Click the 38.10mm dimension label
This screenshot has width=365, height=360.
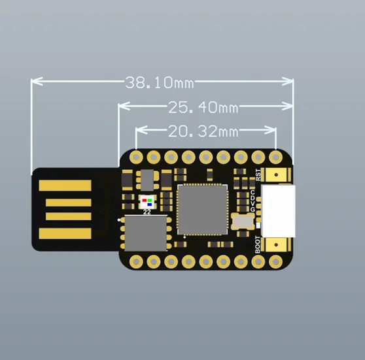click(x=160, y=82)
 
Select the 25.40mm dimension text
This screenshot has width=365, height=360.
click(x=203, y=107)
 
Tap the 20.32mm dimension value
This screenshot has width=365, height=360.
click(x=203, y=131)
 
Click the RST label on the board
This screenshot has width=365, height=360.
click(x=258, y=175)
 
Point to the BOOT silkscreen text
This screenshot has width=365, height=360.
click(x=258, y=244)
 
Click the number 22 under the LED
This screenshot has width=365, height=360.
click(x=147, y=212)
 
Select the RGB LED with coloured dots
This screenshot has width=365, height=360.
click(x=147, y=202)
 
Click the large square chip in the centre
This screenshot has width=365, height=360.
click(x=202, y=210)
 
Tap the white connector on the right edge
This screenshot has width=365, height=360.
click(x=278, y=211)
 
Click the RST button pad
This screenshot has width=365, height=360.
click(x=276, y=174)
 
